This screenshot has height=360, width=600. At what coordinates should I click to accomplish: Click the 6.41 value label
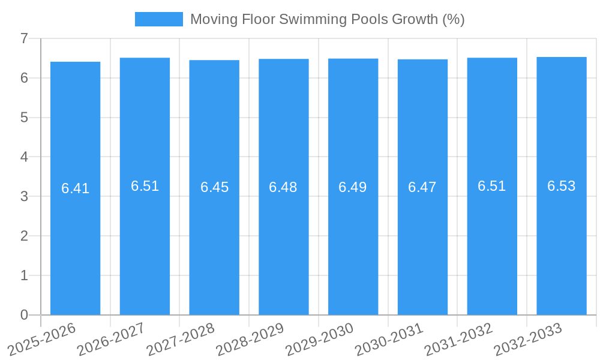point(75,188)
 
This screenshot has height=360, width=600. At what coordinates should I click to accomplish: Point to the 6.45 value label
point(214,187)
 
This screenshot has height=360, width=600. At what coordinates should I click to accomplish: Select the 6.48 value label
point(283,187)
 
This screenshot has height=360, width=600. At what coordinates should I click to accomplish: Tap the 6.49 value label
point(353,187)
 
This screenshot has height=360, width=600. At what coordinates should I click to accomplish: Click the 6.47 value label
point(422,187)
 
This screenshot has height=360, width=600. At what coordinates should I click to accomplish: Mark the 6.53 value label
point(561,186)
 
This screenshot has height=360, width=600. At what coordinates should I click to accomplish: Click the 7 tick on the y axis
point(24,39)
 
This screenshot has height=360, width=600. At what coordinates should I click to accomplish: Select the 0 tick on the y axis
point(24,315)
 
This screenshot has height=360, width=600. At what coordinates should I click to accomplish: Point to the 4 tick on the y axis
point(24,157)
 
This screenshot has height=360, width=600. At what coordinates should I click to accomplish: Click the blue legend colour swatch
point(158,19)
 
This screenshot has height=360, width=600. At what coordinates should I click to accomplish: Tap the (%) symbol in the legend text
point(453,19)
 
